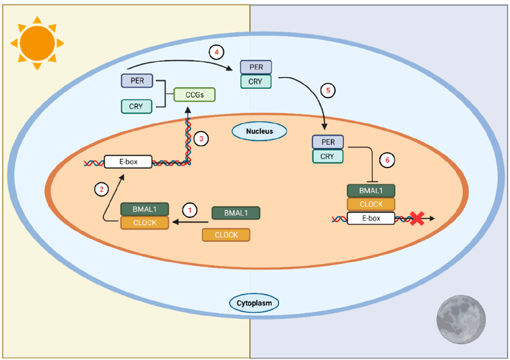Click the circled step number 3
pyautogui.click(x=201, y=137)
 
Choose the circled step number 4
pyautogui.click(x=218, y=50)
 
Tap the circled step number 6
pyautogui.click(x=386, y=159)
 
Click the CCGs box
pyautogui.click(x=194, y=95)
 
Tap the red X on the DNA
pyautogui.click(x=416, y=219)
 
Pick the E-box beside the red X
pyautogui.click(x=371, y=219)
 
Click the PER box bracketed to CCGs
pyautogui.click(x=137, y=81)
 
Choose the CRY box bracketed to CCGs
pyautogui.click(x=137, y=107)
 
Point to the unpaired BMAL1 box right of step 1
pyautogui.click(x=235, y=213)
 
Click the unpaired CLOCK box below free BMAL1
pyautogui.click(x=226, y=235)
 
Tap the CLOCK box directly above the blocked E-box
pyautogui.click(x=371, y=204)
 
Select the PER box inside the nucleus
pyautogui.click(x=328, y=142)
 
